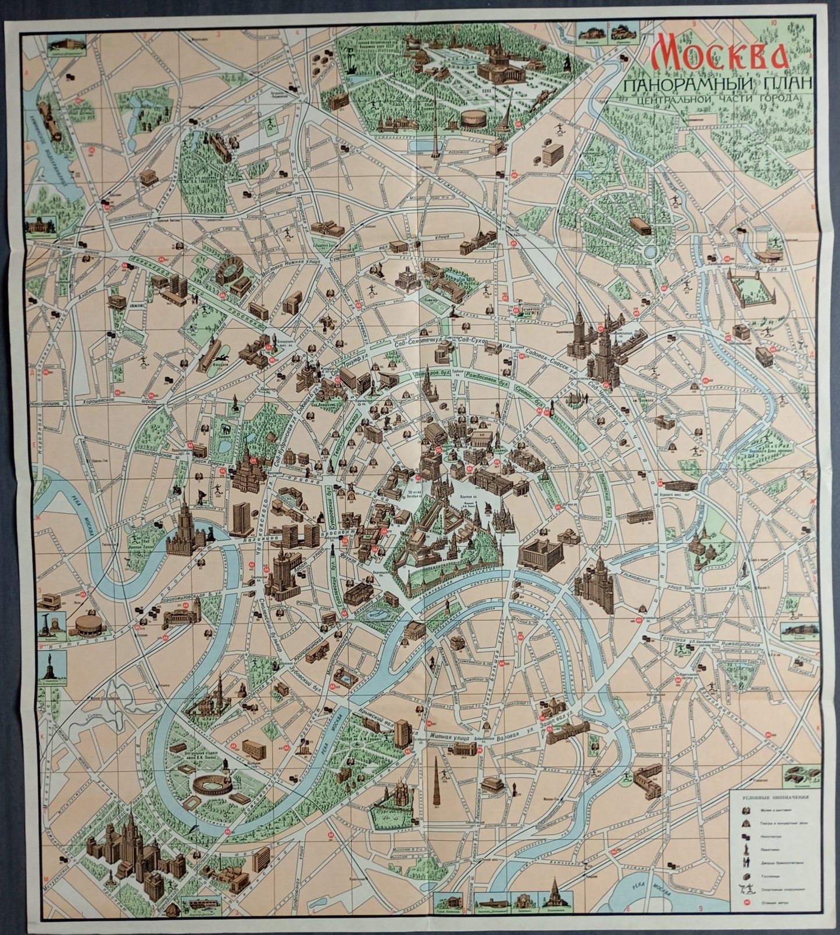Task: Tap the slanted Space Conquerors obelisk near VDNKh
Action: click(510, 114)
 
